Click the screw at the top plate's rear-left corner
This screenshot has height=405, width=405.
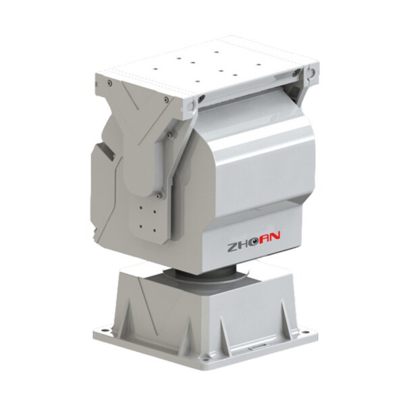click(x=109, y=83)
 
